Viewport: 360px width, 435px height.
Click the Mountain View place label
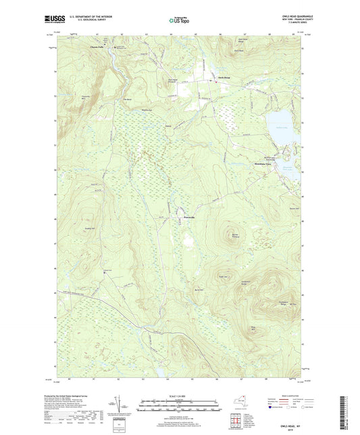[x=261, y=165]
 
